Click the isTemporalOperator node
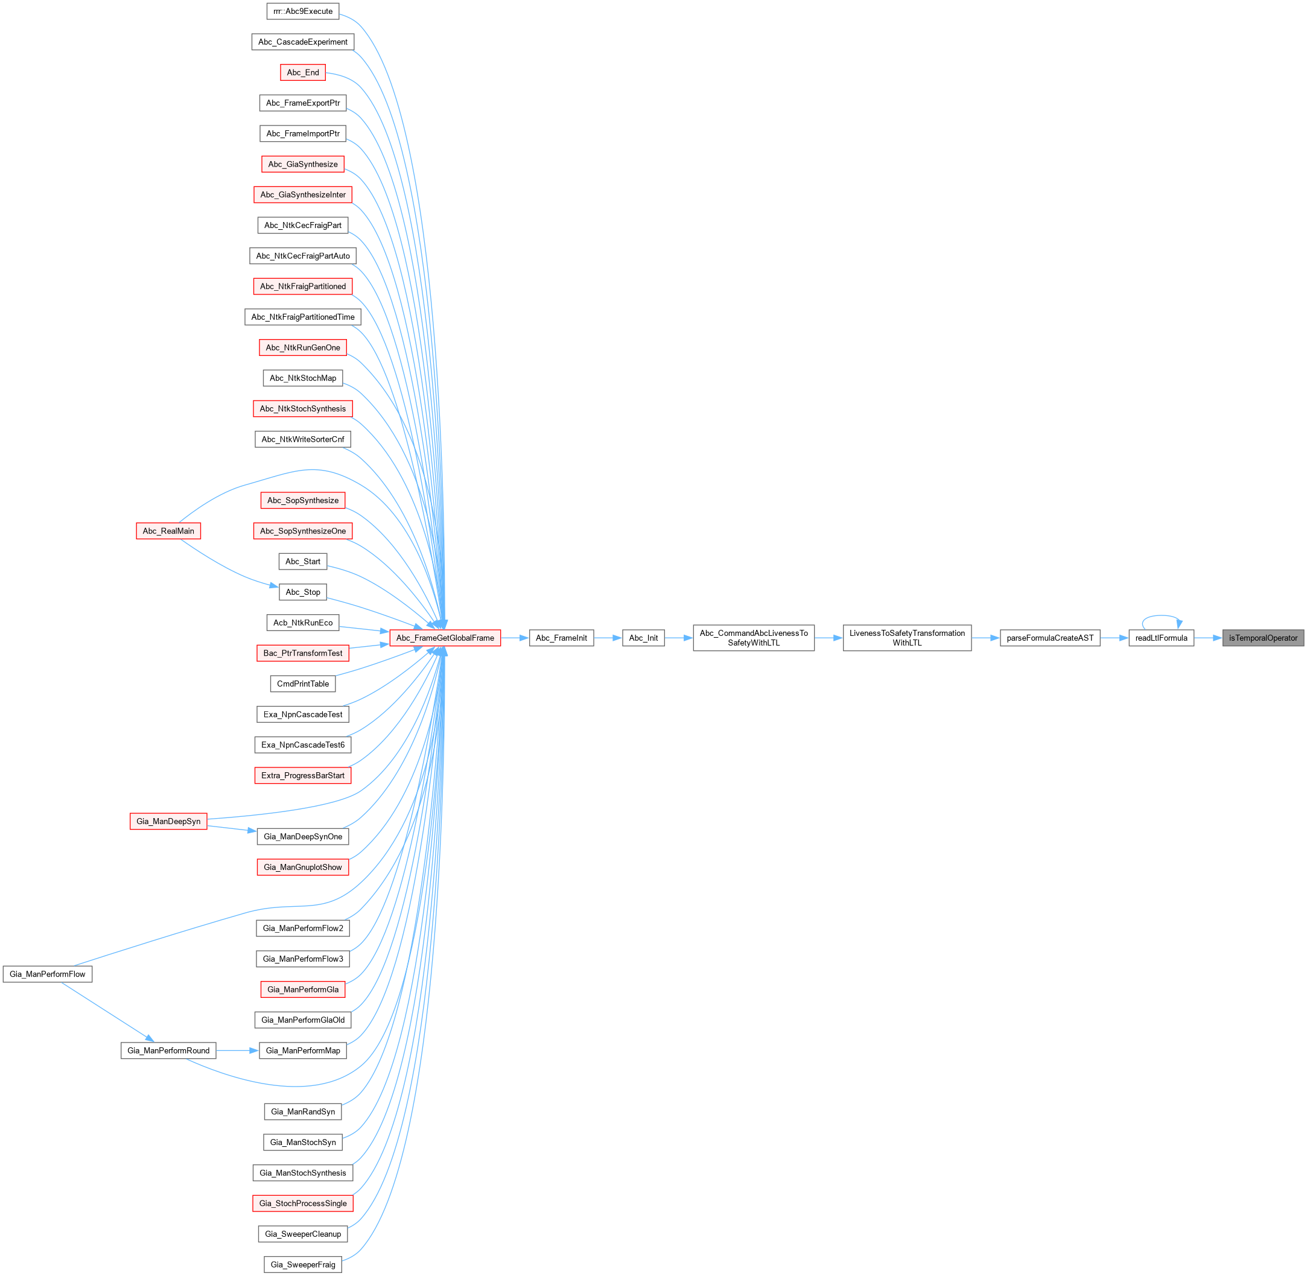click(1263, 638)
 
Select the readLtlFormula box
click(1161, 638)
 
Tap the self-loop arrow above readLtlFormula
click(1162, 616)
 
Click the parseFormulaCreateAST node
click(1049, 638)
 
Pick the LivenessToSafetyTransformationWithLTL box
click(907, 638)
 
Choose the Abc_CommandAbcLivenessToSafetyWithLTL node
click(754, 638)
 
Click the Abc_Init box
click(643, 638)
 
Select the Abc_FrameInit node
click(561, 638)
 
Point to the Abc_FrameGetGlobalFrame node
click(445, 638)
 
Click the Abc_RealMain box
click(168, 531)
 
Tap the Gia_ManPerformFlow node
click(48, 974)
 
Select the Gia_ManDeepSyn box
click(168, 821)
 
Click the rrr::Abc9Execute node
click(303, 11)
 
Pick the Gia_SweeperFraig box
click(303, 1265)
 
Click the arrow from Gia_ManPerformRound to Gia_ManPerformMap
click(237, 1050)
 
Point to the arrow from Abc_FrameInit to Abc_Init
click(608, 638)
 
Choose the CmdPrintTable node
click(303, 684)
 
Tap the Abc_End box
click(303, 72)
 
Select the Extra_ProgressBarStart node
click(303, 775)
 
